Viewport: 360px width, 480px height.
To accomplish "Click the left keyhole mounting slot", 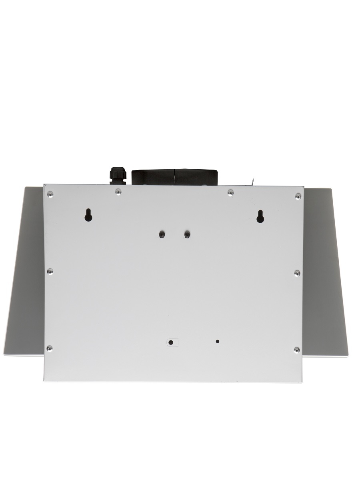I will click(88, 215).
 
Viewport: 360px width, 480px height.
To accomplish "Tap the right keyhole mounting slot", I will click(260, 216).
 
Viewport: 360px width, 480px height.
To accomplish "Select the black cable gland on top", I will click(116, 175).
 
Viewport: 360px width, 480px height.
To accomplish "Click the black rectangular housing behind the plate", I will click(174, 177).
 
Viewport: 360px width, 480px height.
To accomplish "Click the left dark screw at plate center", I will click(162, 234).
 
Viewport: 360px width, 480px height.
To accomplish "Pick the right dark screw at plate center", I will click(186, 234).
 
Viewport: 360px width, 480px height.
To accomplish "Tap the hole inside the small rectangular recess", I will click(171, 342).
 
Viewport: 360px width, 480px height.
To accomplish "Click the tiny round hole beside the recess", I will click(218, 342).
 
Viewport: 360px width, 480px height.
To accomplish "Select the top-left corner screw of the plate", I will click(50, 194).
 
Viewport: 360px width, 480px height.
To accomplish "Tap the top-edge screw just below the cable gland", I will click(118, 192).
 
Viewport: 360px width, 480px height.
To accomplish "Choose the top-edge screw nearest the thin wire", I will click(230, 193).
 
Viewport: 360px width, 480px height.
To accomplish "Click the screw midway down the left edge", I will click(50, 272).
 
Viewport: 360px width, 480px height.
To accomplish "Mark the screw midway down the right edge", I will click(297, 273).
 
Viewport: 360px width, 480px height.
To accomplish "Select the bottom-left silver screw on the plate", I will click(50, 348).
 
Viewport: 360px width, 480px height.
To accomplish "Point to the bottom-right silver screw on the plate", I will click(296, 350).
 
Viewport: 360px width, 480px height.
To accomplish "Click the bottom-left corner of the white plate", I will click(44, 380).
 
